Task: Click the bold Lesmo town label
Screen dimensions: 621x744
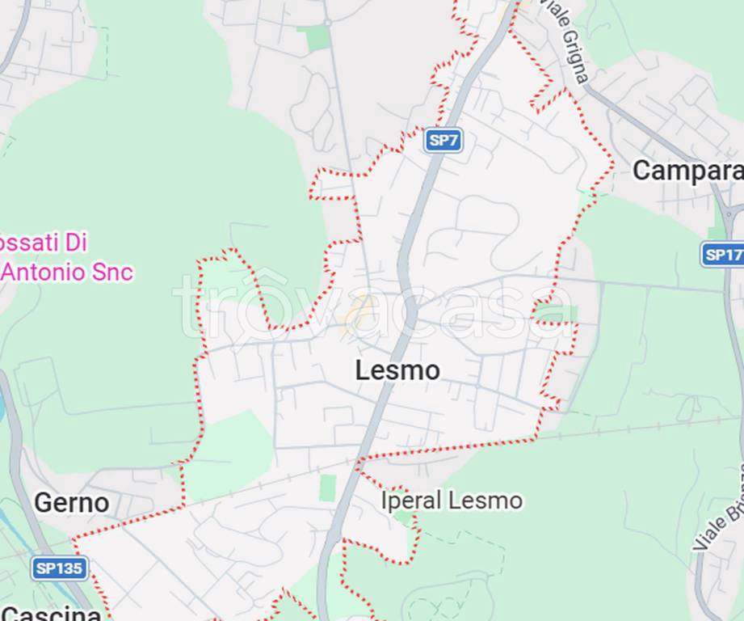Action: tap(397, 370)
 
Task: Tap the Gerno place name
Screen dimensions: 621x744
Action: tap(71, 502)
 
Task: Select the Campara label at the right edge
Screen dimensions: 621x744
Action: tap(687, 171)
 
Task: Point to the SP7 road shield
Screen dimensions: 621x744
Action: tap(443, 140)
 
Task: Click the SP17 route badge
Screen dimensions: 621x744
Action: tap(722, 255)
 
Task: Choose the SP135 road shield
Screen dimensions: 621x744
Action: tap(60, 568)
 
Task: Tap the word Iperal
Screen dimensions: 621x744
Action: tap(411, 501)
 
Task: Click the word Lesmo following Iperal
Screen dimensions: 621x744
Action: tap(485, 501)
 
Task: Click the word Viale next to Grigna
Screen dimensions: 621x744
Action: tap(553, 12)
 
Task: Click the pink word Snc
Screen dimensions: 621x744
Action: tap(113, 272)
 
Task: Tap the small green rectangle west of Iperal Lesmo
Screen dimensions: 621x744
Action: tap(327, 488)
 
